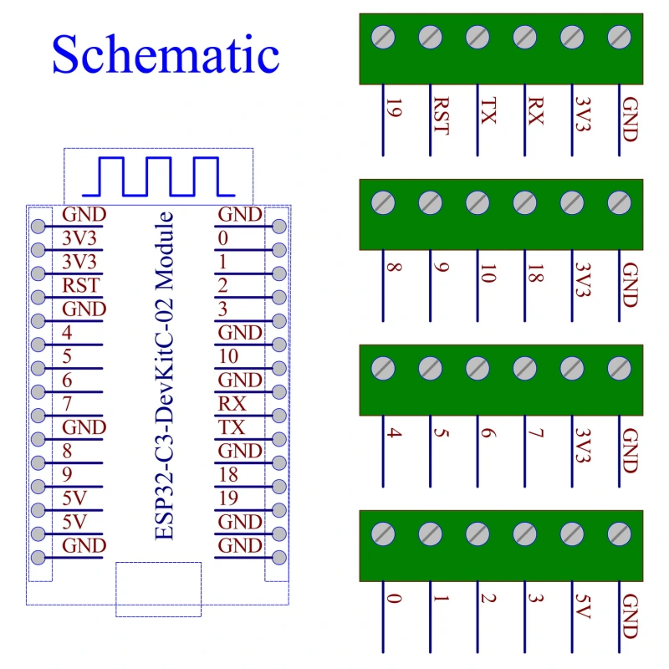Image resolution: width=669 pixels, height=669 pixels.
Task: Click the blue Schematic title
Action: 165,55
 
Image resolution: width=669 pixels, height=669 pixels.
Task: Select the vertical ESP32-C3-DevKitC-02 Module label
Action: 166,375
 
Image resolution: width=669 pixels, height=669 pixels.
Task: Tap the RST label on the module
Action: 80,285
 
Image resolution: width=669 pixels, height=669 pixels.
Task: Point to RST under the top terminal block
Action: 440,118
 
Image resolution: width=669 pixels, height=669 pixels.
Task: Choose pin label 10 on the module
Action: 229,356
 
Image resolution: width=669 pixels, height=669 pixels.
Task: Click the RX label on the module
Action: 232,404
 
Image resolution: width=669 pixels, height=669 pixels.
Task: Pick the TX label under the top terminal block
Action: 488,112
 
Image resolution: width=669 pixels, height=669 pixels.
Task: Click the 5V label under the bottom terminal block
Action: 583,605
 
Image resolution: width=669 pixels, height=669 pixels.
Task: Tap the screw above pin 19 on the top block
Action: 383,37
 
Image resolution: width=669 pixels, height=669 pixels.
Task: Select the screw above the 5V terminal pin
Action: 572,534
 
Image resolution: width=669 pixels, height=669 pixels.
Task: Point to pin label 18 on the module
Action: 229,475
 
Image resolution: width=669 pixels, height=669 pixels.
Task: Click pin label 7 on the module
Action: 67,404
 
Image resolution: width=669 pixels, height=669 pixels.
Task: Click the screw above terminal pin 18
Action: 525,202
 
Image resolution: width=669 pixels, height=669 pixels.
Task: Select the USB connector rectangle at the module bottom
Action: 158,589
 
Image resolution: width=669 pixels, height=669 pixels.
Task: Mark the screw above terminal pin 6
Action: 477,368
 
